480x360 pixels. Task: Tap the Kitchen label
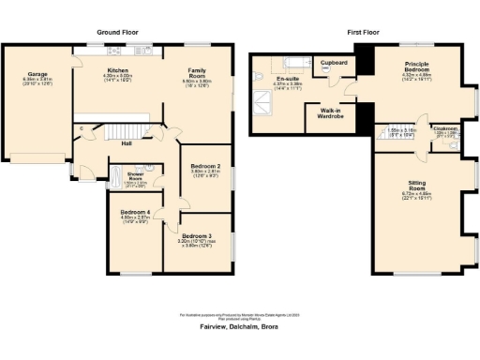pos(117,70)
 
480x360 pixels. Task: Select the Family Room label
pos(197,72)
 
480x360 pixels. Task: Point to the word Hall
pos(125,144)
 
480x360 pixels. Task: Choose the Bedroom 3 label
pos(197,235)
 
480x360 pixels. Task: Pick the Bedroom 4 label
pos(135,213)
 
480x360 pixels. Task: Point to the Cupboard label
pos(334,63)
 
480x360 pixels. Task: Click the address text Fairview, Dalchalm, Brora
pos(239,327)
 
